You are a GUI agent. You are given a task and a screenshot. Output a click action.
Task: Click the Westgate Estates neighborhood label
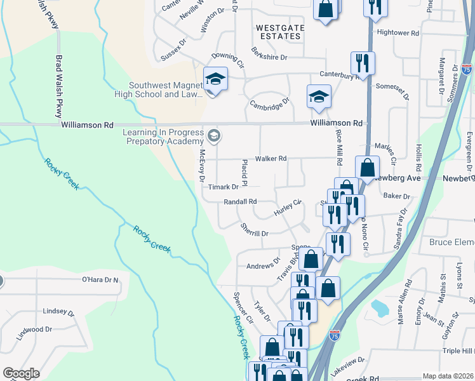(x=278, y=32)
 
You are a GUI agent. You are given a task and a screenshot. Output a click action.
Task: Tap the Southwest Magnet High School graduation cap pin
(x=215, y=80)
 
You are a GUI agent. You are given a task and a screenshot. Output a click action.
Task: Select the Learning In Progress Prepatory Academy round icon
(x=214, y=135)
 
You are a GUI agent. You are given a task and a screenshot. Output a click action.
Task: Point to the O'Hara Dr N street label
(x=100, y=279)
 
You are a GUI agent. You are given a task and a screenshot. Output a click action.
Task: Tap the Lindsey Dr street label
(x=58, y=312)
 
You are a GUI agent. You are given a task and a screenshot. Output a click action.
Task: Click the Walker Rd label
(x=271, y=158)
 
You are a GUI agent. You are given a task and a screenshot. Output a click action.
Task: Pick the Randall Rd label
(x=240, y=202)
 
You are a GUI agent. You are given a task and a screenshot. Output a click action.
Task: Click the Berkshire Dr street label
(x=269, y=53)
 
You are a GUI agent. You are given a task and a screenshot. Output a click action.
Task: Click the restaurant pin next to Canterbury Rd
(x=363, y=63)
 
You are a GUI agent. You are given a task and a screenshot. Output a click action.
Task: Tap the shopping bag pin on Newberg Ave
(x=367, y=168)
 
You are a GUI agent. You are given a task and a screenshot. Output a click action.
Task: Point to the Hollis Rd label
(x=418, y=159)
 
